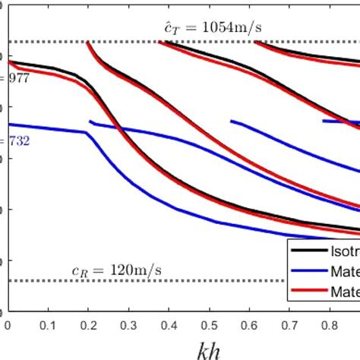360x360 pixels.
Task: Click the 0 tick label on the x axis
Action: point(8,322)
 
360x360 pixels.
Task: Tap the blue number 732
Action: point(17,141)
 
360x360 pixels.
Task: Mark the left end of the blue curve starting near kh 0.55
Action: point(232,121)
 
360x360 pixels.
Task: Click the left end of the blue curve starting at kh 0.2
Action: point(90,121)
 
